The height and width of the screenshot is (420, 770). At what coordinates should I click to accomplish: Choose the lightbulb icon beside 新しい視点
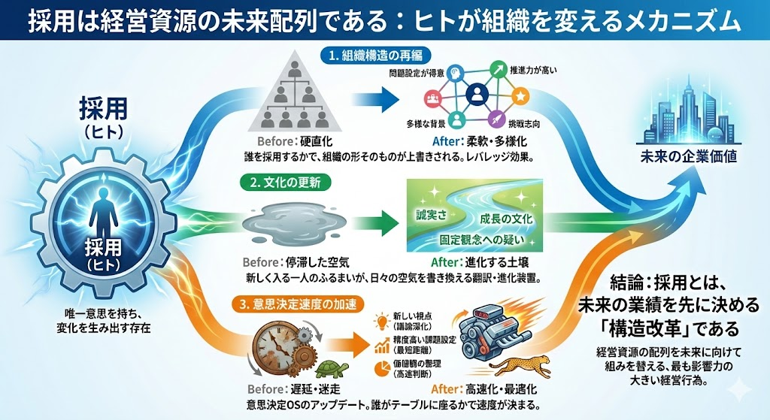point(383,318)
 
